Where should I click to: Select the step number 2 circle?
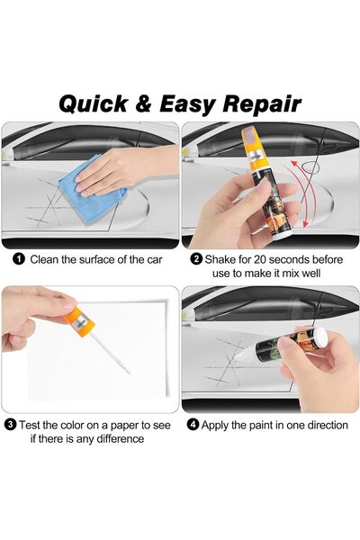pos(195,259)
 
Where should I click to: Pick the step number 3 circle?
pos(10,424)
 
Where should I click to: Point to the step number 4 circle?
pos(193,424)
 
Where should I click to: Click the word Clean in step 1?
pos(46,259)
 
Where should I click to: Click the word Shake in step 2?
pos(221,259)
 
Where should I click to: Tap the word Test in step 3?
pos(31,424)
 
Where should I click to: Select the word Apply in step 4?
pos(218,424)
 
